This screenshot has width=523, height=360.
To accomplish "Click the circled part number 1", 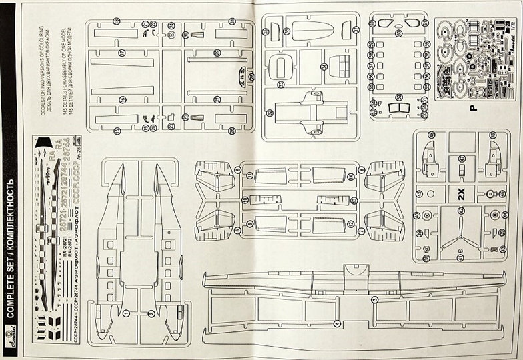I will coord(125,313).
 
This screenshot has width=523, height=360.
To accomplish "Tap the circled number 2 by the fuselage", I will coord(152,313).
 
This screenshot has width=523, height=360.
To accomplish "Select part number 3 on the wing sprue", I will coord(375,299).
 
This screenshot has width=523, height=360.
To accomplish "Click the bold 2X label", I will coord(461,195).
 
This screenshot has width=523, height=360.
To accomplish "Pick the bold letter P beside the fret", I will coord(472,112).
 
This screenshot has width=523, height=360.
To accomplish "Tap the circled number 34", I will coord(323,67).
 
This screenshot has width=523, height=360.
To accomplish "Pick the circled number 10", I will coord(244,199).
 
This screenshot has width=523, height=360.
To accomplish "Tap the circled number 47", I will coord(461,159).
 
